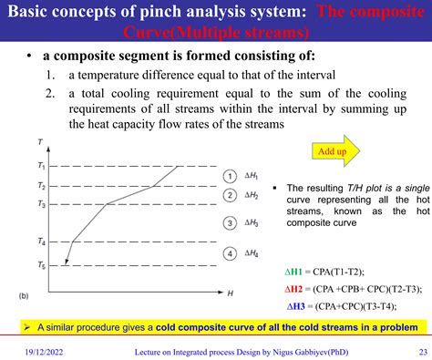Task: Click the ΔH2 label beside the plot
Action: coord(252,195)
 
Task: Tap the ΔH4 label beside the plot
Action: coord(252,253)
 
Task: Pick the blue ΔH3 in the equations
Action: coord(298,305)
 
